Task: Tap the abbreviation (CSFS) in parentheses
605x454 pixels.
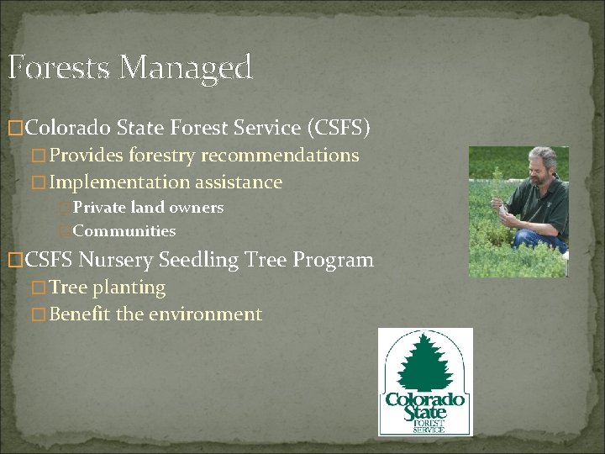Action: [339, 128]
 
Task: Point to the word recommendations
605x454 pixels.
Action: [280, 156]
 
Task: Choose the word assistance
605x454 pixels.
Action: [239, 182]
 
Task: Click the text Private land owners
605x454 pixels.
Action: [148, 207]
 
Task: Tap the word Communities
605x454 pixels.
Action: [124, 230]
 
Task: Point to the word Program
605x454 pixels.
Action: [334, 260]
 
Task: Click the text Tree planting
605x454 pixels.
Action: [108, 288]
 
